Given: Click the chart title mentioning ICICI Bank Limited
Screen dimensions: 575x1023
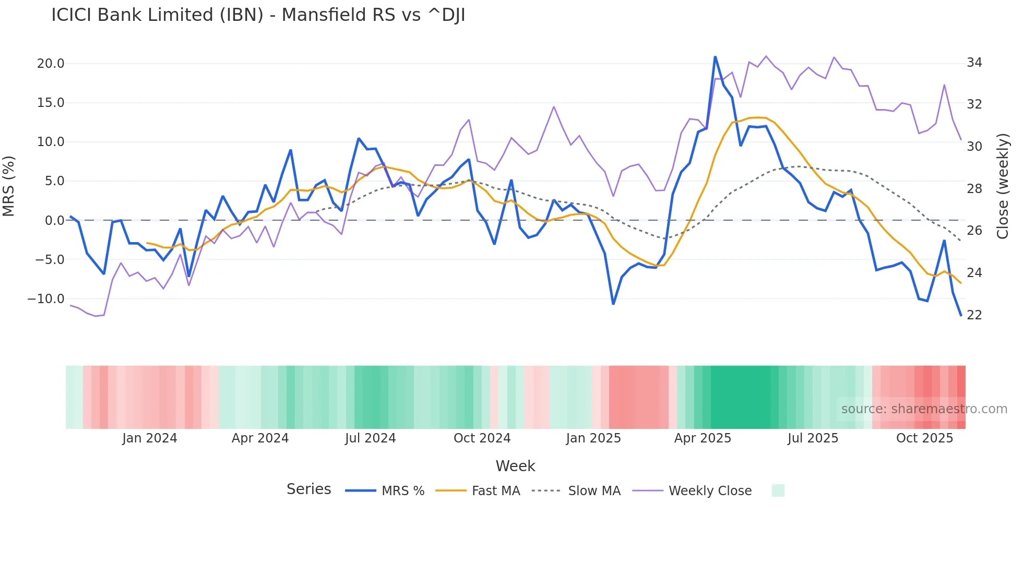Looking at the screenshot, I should tap(258, 15).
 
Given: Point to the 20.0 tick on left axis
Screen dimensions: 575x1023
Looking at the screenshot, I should tap(51, 64).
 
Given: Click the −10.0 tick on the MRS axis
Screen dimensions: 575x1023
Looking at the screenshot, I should tap(46, 299).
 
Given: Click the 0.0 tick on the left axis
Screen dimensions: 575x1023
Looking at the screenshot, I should tap(54, 221).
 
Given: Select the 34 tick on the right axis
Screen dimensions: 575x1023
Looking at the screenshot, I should tap(974, 63).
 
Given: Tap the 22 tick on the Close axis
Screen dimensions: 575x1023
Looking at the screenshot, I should tap(974, 315).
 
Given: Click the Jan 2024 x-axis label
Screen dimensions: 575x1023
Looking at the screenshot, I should tap(150, 438).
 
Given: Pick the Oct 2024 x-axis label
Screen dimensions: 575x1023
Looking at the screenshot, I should tap(482, 438).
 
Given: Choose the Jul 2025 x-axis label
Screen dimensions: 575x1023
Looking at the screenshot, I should tap(813, 438).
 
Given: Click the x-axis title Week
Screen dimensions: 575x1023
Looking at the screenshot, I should tap(515, 466).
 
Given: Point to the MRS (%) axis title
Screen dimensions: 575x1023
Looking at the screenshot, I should tap(9, 186).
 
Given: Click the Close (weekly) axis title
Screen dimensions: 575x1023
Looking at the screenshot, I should tap(1003, 186).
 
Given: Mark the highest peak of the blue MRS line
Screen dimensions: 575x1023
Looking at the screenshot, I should tap(715, 57).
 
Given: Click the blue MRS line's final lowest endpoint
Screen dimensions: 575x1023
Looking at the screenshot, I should tap(960, 315).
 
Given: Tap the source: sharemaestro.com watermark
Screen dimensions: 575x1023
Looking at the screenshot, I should tap(924, 409).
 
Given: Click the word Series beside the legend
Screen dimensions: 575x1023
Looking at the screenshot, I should tap(308, 489).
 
